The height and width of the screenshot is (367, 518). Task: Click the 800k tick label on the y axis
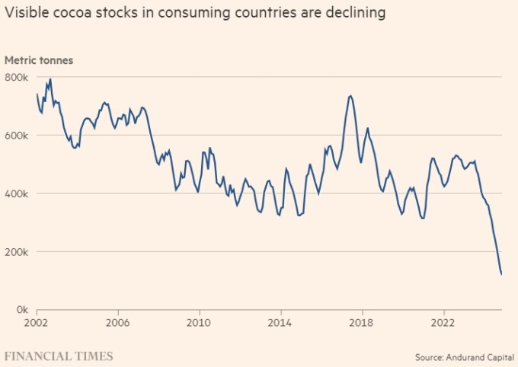tap(17, 77)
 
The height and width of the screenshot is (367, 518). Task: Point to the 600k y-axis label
tap(17, 135)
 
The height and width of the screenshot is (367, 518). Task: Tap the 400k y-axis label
tap(17, 193)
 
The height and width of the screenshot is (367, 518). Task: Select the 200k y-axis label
tap(17, 251)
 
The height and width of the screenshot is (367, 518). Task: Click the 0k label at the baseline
tap(21, 310)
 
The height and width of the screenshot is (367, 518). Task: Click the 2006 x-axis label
tap(118, 321)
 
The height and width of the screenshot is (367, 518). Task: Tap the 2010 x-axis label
tap(200, 321)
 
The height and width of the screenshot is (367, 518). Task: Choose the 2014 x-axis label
tap(281, 321)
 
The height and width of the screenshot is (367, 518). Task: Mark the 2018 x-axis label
tap(362, 321)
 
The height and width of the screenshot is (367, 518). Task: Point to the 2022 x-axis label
tap(443, 321)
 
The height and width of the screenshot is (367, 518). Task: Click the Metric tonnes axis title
tap(39, 60)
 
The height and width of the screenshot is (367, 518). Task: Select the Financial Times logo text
tap(59, 356)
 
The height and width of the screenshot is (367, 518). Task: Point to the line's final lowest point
tap(501, 275)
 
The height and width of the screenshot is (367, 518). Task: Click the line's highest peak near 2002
tap(50, 79)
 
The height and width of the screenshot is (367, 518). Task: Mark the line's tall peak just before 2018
tap(350, 95)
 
